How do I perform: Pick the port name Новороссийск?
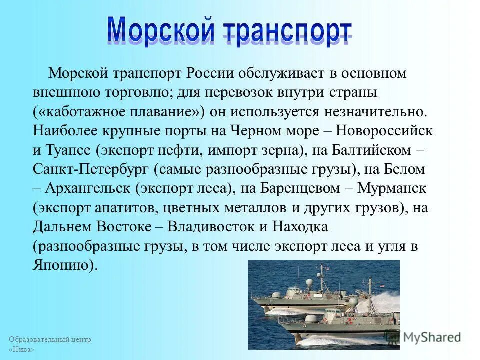384,131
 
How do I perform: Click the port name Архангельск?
90,188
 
